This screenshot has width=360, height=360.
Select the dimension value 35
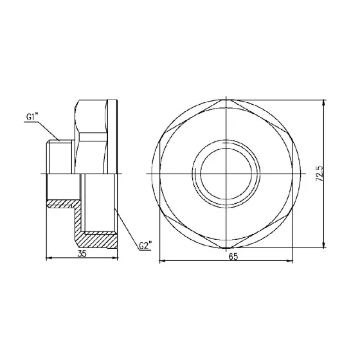point(82,254)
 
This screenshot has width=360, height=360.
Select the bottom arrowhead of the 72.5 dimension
point(323,246)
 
